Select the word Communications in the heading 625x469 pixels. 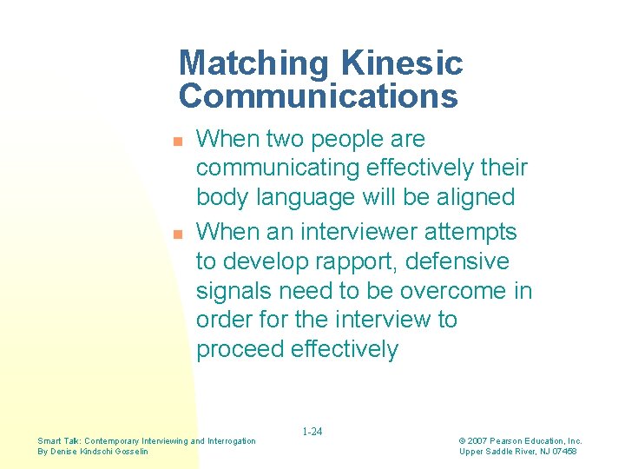point(318,96)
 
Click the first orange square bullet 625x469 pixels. point(177,141)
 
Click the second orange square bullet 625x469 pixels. point(177,234)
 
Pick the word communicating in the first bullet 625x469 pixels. point(274,168)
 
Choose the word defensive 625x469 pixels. point(465,261)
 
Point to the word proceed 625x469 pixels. point(239,349)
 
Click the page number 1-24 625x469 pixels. point(312,432)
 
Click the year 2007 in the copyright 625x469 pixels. point(479,441)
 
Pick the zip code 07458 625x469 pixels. point(563,451)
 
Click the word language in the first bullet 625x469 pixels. point(299,197)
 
